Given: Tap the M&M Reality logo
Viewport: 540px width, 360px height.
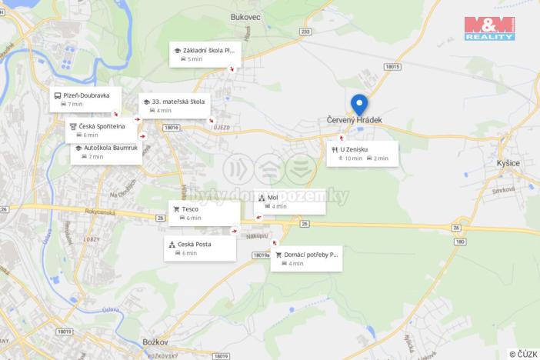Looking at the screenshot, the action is point(489,28).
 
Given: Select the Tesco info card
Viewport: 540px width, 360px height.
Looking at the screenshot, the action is point(204,213).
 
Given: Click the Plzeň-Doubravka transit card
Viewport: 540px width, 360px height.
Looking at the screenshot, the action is point(85,99).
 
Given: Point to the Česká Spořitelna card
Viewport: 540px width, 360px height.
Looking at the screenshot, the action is point(101,130).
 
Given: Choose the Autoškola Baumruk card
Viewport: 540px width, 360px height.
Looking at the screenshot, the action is point(106,152).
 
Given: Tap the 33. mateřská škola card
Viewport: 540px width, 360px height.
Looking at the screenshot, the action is point(175,105).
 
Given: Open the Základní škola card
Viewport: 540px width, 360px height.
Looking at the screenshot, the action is point(205,54).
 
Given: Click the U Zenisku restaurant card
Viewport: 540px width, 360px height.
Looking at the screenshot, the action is point(362,153).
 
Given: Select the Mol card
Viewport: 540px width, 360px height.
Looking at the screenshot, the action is point(289,202).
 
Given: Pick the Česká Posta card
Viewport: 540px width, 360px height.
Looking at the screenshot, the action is point(199,248).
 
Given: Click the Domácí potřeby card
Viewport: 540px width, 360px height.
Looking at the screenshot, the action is point(306,258).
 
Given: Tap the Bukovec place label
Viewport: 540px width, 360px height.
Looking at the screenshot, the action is point(247,15).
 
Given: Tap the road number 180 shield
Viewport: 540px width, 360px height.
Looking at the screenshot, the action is point(460,242).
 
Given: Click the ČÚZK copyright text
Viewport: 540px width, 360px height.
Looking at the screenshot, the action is point(523,354).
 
